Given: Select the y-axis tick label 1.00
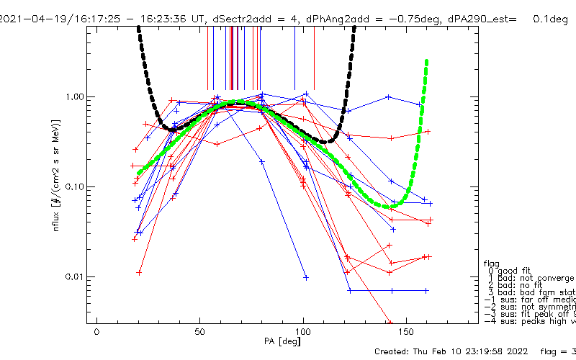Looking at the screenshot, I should click(75, 97).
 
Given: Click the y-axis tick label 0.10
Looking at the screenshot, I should click(75, 187).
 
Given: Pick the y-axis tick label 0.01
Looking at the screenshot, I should click(75, 277).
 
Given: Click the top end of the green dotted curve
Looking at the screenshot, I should click(427, 62).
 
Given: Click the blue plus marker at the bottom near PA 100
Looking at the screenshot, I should click(306, 277).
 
